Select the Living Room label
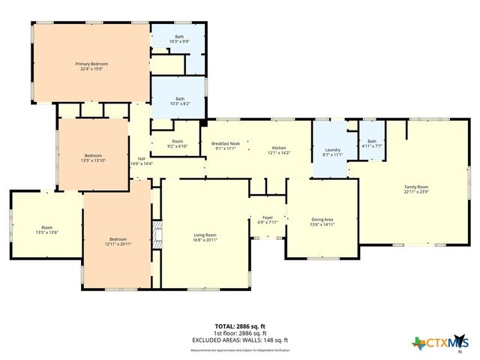pyautogui.click(x=205, y=237)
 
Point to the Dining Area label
pyautogui.click(x=322, y=221)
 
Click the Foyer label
pyautogui.click(x=268, y=220)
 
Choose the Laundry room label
pyautogui.click(x=332, y=151)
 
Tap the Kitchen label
pyautogui.click(x=279, y=150)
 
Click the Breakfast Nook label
pyautogui.click(x=225, y=145)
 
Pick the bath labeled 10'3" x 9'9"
pyautogui.click(x=179, y=39)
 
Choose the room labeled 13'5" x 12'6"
pyautogui.click(x=46, y=229)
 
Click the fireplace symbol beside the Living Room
pyautogui.click(x=157, y=233)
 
